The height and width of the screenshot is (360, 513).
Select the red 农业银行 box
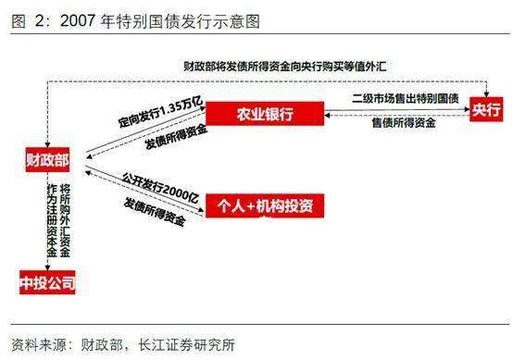tap(263, 114)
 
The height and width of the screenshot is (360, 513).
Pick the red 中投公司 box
tap(46, 281)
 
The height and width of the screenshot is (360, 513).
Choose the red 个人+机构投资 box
tap(265, 205)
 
